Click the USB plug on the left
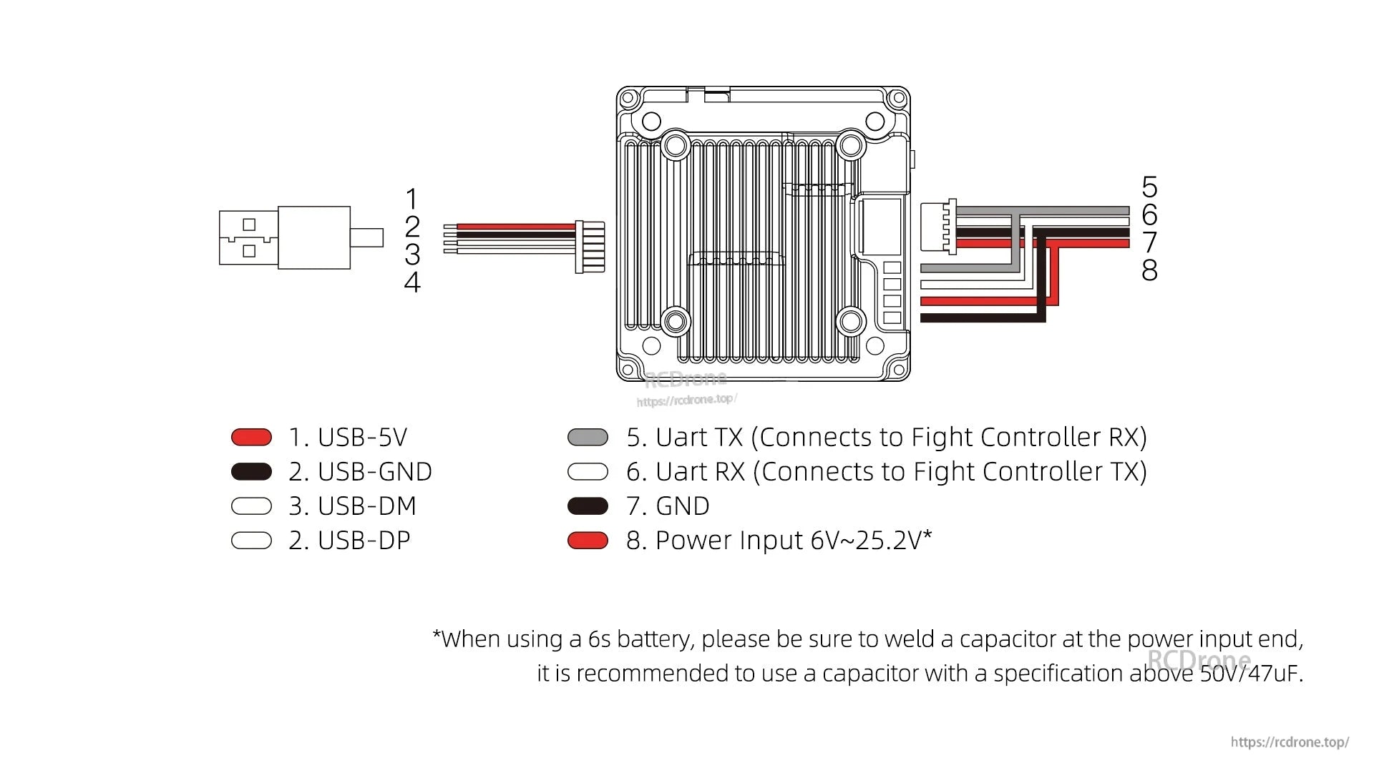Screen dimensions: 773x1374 point(285,237)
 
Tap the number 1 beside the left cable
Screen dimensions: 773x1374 point(411,199)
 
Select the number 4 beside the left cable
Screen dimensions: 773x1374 point(411,282)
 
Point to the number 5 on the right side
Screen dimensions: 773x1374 point(1149,187)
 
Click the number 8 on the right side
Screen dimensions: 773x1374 point(1149,270)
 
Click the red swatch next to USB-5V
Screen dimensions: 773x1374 point(251,437)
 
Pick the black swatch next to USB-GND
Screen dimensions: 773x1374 point(251,471)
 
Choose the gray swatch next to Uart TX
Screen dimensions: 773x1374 point(588,437)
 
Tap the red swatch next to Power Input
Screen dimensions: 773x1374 point(588,541)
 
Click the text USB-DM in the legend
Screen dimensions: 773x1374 point(366,506)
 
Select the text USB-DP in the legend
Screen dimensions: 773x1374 point(364,540)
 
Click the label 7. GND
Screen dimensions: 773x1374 point(668,506)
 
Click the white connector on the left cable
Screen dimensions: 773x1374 point(590,247)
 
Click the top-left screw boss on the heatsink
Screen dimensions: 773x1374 point(675,146)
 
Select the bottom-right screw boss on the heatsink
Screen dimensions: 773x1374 point(851,321)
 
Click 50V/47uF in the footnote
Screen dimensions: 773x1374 point(1251,673)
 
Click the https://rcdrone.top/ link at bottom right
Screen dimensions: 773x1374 point(1290,742)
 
